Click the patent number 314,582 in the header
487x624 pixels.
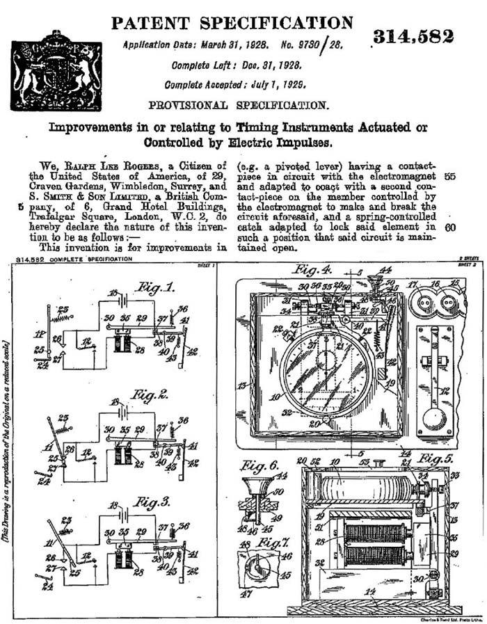(x=413, y=37)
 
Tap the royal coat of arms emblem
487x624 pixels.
(x=56, y=72)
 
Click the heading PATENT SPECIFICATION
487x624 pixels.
(x=232, y=23)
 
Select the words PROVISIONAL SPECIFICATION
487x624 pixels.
(x=239, y=106)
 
